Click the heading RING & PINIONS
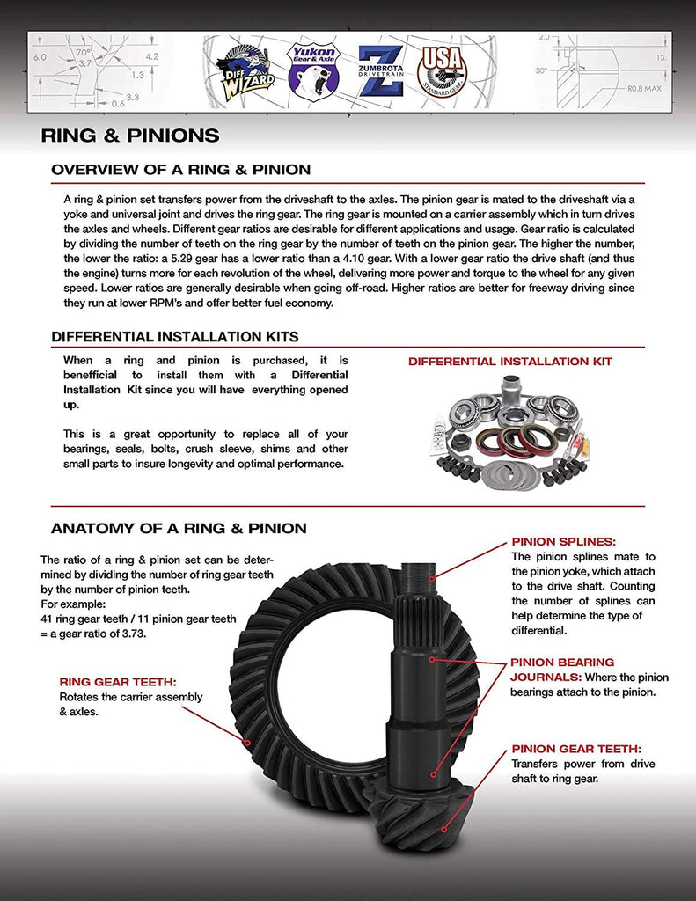click(x=130, y=136)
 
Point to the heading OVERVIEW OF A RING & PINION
click(x=180, y=170)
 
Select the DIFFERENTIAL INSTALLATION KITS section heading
click(x=174, y=337)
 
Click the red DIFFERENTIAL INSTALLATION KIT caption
click(x=509, y=362)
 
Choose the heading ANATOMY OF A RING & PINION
click(x=179, y=529)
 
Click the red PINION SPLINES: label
click(x=563, y=542)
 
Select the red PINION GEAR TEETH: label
click(x=575, y=749)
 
